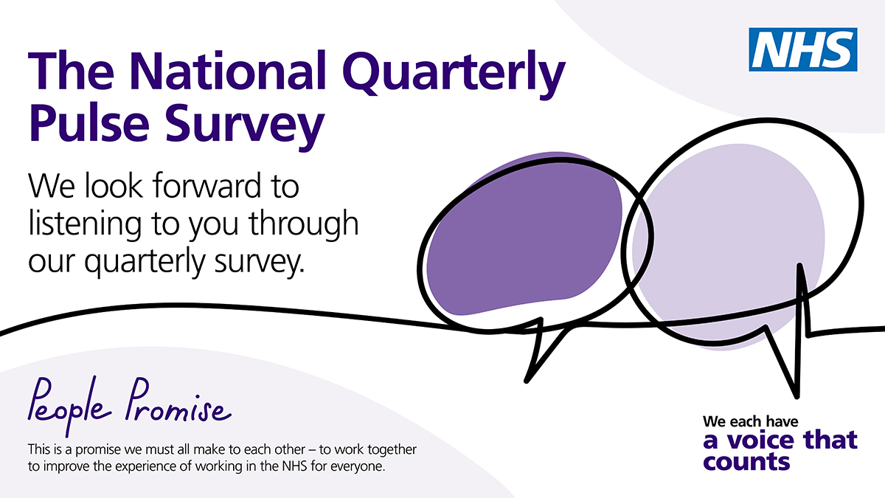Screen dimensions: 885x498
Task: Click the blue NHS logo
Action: (803, 49)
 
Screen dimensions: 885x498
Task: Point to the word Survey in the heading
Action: (245, 126)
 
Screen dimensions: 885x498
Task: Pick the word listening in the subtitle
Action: (85, 224)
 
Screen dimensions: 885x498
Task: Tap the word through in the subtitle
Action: (303, 224)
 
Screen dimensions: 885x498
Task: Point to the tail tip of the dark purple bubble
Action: (527, 381)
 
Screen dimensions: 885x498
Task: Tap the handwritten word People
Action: (69, 406)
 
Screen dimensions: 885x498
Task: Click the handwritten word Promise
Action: (178, 400)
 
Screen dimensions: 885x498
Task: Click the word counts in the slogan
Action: (746, 462)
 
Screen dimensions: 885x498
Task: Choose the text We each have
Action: (751, 421)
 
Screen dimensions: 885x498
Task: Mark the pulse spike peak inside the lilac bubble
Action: (799, 265)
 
